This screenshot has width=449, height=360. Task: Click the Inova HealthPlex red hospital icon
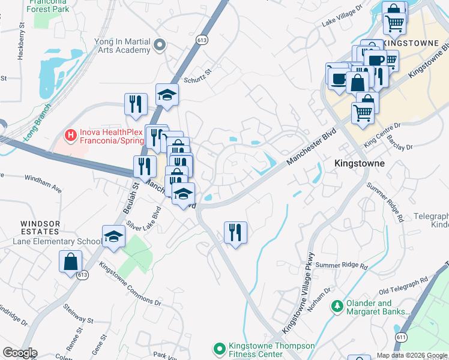[x=71, y=135]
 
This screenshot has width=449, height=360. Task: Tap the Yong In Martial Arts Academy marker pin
[x=160, y=44]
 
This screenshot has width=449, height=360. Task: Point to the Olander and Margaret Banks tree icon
[x=337, y=307]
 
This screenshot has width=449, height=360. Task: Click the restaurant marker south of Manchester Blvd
[x=235, y=233]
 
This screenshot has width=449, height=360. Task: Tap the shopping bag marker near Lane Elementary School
[x=70, y=262]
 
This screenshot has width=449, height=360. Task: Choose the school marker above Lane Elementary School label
[x=113, y=237]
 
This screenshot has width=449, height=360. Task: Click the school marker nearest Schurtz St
[x=167, y=95]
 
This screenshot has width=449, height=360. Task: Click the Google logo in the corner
[x=20, y=353]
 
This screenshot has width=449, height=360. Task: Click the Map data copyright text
[x=412, y=355]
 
